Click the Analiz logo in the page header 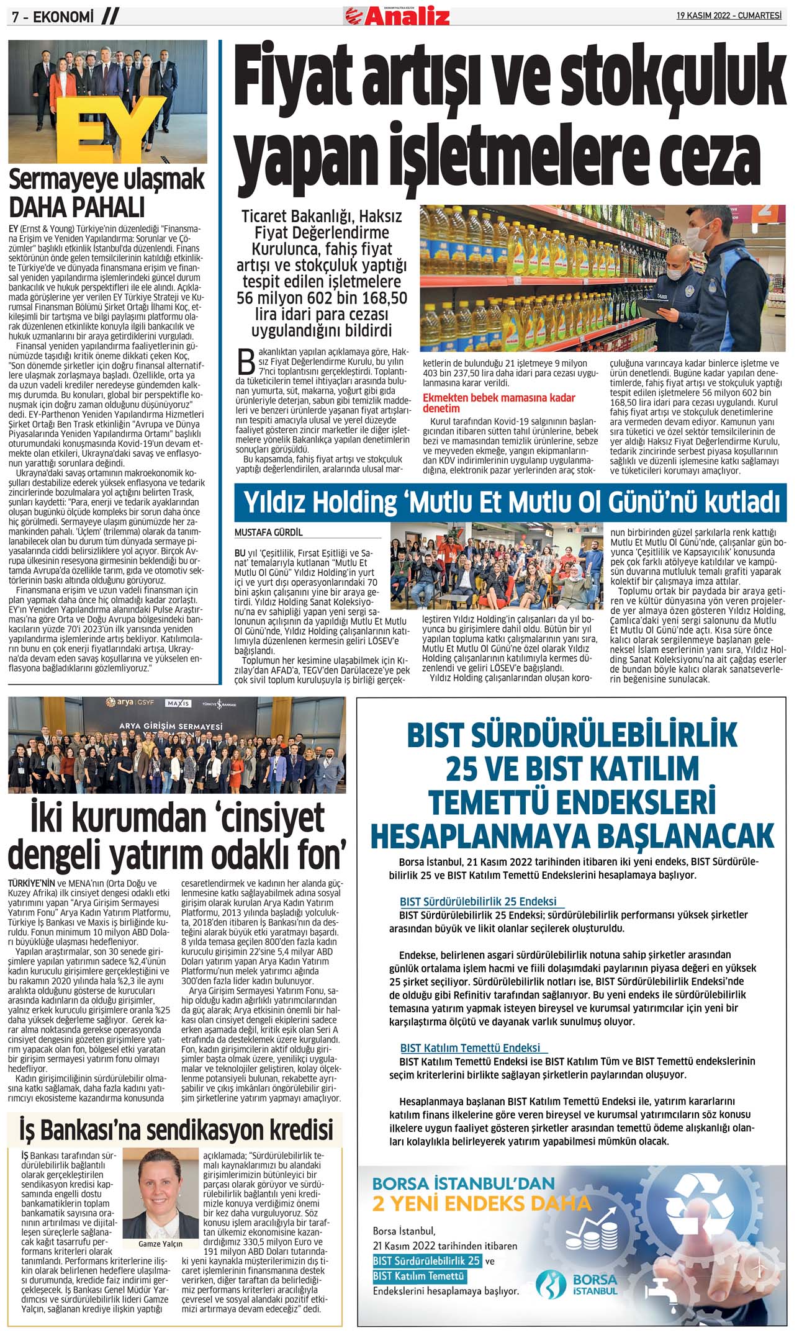398,15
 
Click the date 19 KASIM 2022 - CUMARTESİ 729,16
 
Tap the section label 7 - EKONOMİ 53,17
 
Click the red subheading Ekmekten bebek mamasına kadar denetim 498,403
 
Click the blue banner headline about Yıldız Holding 510,503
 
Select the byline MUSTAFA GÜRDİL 268,532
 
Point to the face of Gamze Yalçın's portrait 161,1182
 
